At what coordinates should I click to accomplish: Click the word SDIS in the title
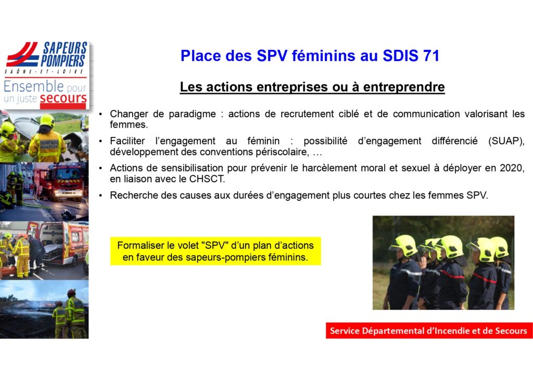pos(400,56)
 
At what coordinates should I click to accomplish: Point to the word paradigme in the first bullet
pos(193,114)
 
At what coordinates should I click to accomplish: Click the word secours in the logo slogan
pos(63,98)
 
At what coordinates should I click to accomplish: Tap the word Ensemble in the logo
pos(34,86)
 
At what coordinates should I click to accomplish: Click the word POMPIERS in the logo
pos(63,61)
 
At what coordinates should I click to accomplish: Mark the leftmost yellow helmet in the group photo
pos(403,245)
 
